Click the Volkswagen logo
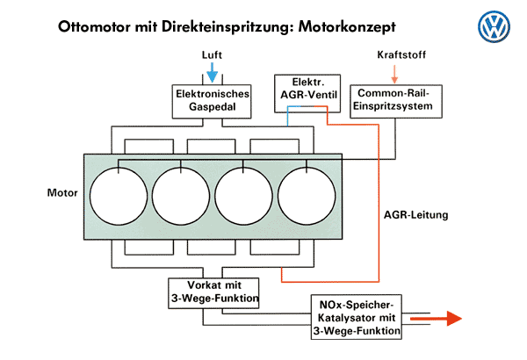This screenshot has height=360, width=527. click(x=494, y=27)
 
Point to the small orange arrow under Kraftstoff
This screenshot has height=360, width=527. click(x=395, y=73)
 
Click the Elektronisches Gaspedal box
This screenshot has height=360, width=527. click(x=213, y=100)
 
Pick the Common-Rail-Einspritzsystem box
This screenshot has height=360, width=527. click(x=394, y=101)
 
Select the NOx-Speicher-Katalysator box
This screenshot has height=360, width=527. click(x=357, y=318)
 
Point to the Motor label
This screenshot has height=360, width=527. click(x=62, y=193)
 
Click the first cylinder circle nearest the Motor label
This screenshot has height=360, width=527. click(x=121, y=193)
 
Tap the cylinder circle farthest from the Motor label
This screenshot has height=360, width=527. click(x=307, y=193)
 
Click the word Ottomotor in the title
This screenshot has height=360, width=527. click(x=99, y=26)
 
